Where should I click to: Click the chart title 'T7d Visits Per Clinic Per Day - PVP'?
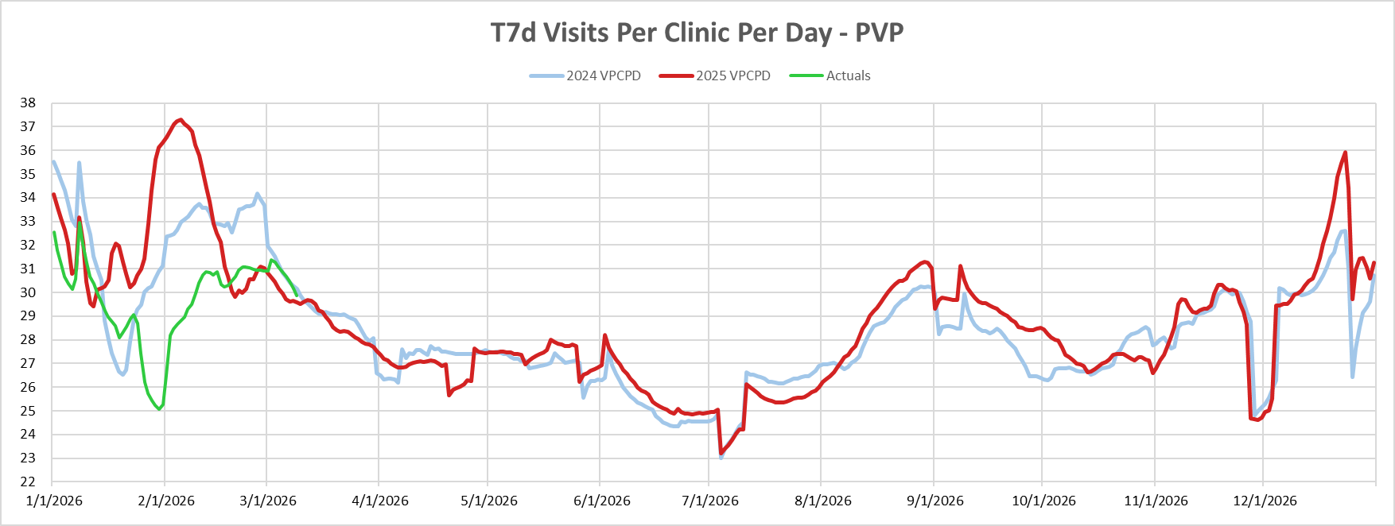tap(697, 33)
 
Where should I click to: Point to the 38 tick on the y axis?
tap(28, 102)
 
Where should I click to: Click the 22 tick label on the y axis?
tap(28, 482)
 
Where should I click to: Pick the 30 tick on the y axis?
tap(28, 292)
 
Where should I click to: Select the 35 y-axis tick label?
tap(28, 174)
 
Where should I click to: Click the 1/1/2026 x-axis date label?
tap(54, 501)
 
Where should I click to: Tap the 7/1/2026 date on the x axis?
tap(710, 501)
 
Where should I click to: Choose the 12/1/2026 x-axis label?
tap(1265, 501)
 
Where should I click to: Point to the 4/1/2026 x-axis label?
tap(380, 501)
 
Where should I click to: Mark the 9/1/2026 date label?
tap(935, 501)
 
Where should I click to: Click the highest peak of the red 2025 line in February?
tap(181, 120)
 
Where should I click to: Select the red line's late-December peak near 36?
tap(1345, 153)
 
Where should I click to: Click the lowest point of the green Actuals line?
tap(160, 409)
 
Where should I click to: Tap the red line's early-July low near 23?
tap(721, 453)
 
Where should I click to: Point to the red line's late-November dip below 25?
tap(1258, 420)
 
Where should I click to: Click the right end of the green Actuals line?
tap(297, 296)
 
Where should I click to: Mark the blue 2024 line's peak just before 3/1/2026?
tap(257, 194)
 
